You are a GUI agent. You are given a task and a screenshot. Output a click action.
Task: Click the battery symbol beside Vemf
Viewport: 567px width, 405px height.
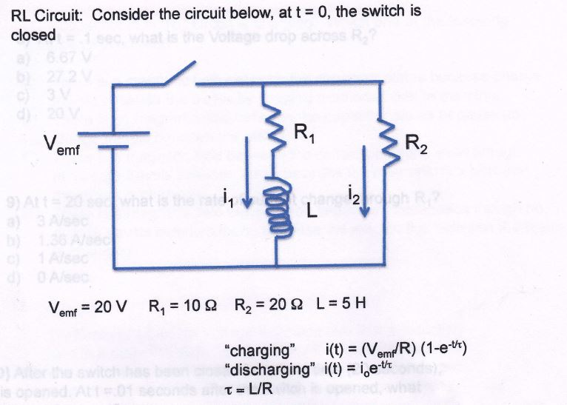coord(113,141)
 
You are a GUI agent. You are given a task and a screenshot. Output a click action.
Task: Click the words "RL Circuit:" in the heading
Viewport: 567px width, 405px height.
coord(47,13)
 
